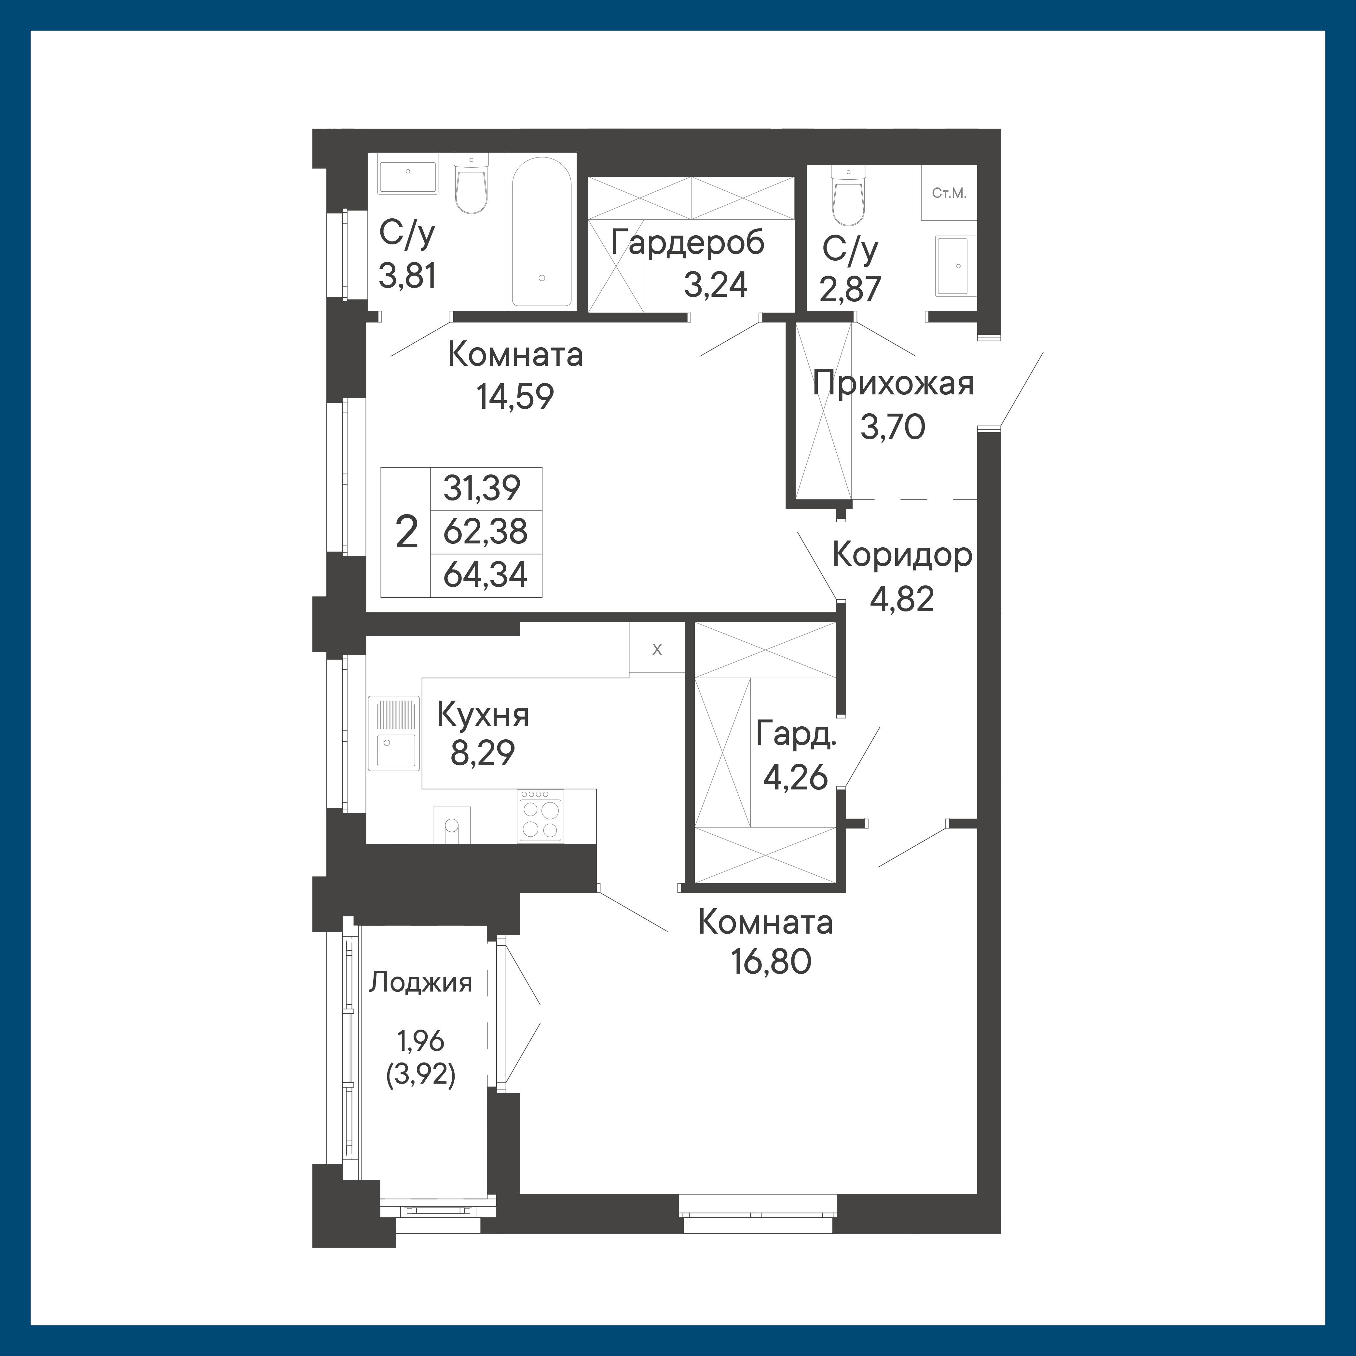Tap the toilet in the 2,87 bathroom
click(848, 195)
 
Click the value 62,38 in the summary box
click(486, 531)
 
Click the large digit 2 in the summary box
click(407, 532)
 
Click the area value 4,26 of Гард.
click(795, 778)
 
